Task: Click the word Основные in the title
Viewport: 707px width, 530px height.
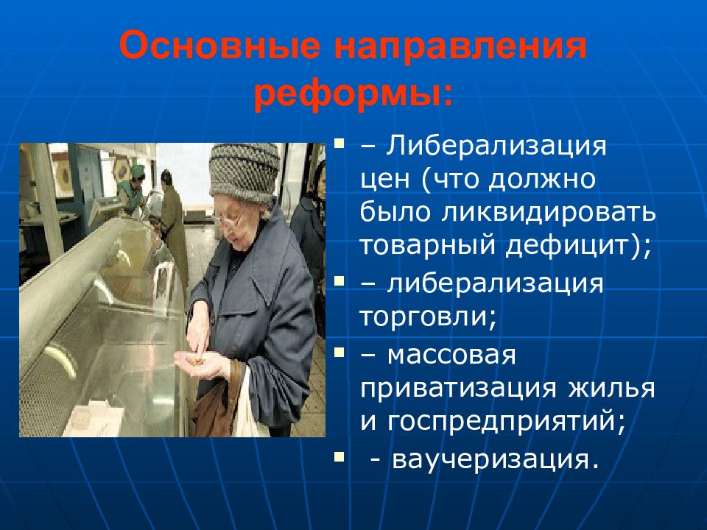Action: [220, 46]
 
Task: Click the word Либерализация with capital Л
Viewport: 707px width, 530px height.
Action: [496, 146]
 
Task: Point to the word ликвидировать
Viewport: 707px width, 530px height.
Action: [548, 212]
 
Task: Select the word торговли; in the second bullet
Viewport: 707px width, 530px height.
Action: [429, 317]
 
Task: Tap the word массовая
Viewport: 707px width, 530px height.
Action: [451, 355]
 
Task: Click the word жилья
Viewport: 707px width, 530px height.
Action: [611, 389]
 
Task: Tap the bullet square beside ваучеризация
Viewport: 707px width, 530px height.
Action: [339, 456]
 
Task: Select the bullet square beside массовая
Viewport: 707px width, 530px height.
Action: [339, 352]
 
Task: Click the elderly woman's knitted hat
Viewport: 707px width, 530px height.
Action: [245, 172]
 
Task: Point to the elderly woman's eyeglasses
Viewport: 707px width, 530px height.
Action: [231, 219]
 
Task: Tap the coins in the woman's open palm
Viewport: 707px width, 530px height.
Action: [197, 361]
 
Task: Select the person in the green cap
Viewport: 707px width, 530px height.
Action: [133, 189]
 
